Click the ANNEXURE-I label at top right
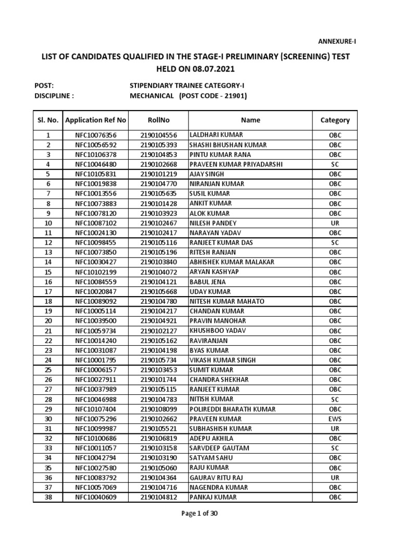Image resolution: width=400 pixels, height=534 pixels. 337,41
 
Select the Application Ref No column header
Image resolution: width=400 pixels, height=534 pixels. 96,120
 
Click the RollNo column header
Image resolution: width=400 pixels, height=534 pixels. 155,120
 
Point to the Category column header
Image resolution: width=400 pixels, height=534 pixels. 335,120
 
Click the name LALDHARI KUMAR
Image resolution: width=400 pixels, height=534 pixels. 213,135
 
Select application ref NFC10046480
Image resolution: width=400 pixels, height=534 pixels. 96,164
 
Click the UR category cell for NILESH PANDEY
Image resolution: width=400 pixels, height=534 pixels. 335,223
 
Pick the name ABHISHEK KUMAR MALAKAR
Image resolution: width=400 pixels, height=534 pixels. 231,262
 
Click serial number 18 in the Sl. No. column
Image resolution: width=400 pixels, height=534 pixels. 48,301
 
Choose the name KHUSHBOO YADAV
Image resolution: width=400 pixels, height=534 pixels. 217,331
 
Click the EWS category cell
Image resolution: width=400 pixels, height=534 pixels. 335,419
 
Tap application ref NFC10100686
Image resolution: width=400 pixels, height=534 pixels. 96,439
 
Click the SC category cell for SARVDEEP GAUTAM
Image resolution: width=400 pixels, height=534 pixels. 335,448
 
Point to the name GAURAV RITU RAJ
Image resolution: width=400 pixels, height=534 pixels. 216,478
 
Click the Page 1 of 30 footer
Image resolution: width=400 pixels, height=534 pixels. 199,513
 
